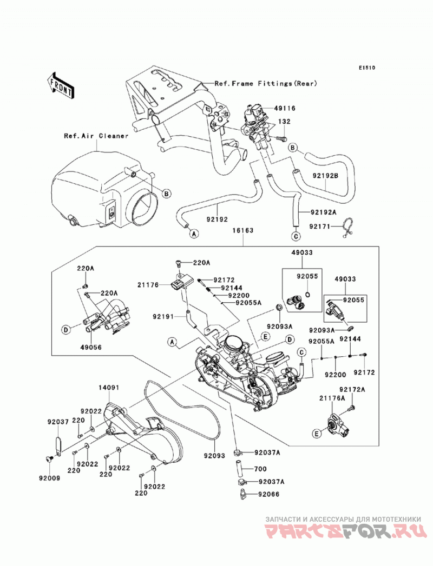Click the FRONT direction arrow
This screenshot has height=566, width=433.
click(61, 86)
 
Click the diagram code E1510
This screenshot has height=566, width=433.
click(367, 68)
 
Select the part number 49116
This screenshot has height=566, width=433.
click(285, 108)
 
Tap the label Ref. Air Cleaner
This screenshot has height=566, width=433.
click(96, 136)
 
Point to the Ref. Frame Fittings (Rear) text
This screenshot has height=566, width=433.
click(266, 83)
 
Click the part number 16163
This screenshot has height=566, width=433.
click(242, 230)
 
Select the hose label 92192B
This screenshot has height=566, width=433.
click(325, 177)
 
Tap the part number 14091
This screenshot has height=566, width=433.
click(109, 388)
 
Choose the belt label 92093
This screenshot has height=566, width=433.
click(214, 456)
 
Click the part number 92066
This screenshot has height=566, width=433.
click(269, 494)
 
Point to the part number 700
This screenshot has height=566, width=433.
click(260, 469)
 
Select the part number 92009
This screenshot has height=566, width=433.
click(50, 478)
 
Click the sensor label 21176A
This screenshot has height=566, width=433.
click(332, 398)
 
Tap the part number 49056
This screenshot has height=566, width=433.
click(91, 348)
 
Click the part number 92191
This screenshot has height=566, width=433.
click(163, 317)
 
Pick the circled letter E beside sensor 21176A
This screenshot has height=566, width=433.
click(317, 434)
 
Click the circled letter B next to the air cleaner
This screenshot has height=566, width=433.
click(166, 194)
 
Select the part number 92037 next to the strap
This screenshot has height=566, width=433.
click(58, 422)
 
